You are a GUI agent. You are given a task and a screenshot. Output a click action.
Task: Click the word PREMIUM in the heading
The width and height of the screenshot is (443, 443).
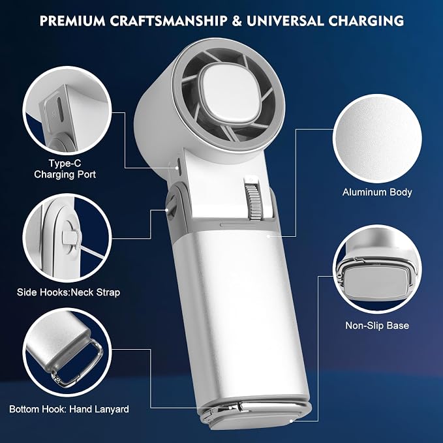[72, 21]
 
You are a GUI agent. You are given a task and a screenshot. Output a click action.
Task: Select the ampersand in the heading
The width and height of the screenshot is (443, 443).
[237, 21]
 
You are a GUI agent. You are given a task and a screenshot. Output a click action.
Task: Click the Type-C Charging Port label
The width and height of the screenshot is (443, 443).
[65, 169]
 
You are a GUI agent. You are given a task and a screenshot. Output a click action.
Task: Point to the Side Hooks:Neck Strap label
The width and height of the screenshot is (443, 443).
[69, 292]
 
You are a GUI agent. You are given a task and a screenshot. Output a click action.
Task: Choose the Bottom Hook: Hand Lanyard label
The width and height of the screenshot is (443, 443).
[69, 409]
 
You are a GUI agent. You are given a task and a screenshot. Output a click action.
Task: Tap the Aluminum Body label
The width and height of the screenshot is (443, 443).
[377, 192]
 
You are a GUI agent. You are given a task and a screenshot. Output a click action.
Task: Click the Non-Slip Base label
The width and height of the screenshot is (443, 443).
[377, 326]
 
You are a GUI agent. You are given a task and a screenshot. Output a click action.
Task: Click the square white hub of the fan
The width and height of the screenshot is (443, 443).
[230, 93]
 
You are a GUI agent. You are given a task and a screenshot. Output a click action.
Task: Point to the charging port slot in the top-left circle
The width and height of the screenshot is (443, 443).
[60, 110]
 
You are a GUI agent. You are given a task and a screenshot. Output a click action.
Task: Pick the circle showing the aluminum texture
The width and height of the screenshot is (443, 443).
[377, 138]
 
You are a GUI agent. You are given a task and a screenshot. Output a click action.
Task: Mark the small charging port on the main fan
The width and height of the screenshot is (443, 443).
[179, 164]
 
